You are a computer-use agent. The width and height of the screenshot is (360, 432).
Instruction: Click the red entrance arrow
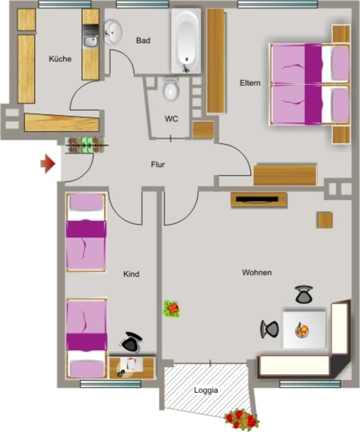48,164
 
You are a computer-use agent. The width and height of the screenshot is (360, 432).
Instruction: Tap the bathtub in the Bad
186,41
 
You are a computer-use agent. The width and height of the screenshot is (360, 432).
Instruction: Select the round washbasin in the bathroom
112,32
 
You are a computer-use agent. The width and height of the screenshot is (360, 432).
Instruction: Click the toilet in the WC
171,89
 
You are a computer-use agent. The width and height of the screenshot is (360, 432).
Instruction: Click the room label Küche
60,59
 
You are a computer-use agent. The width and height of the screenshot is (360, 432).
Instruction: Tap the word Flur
158,165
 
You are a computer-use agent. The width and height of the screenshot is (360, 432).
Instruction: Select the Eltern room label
250,83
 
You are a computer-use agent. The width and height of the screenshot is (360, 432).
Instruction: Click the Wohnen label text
257,273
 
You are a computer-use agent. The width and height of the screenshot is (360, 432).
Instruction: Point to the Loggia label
206,390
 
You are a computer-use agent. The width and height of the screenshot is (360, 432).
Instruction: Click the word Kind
131,274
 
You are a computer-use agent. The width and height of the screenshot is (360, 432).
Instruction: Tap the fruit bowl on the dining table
302,330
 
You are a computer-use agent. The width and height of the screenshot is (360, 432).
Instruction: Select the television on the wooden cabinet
257,199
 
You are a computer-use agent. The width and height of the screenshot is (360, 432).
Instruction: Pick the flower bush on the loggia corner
242,419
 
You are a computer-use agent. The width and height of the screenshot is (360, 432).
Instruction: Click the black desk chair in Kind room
131,342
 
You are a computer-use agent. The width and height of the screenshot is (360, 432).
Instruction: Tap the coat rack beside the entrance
86,145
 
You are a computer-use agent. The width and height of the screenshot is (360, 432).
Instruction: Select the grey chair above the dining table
304,294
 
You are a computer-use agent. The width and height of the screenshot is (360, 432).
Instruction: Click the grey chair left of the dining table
269,329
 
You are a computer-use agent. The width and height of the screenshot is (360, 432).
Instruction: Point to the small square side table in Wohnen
325,220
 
